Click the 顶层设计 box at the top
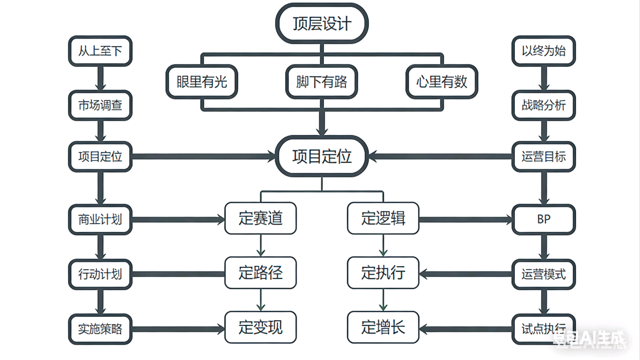[322, 24]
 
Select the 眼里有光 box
[202, 82]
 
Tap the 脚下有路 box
[322, 82]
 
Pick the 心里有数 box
[442, 82]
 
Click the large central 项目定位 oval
[322, 156]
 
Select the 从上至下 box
[100, 51]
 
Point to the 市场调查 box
[100, 105]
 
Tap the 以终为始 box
[544, 51]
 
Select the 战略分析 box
[544, 105]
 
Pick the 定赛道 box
[261, 218]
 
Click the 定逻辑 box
[383, 218]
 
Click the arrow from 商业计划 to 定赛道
[178, 220]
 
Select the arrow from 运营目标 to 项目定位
[440, 156]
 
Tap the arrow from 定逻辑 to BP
[465, 220]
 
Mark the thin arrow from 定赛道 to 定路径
[261, 245]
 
